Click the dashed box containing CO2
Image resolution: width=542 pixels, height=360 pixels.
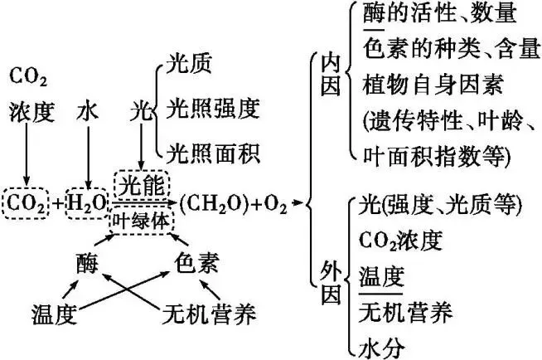27,202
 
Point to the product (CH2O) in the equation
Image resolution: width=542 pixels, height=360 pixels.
212,202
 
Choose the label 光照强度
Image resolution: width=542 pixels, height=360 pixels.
213,108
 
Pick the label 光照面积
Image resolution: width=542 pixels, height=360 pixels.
213,153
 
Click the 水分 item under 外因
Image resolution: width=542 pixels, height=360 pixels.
383,347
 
